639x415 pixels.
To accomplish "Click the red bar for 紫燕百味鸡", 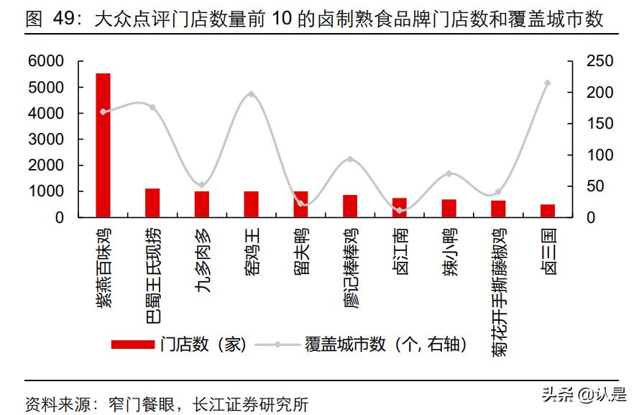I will (x=104, y=145).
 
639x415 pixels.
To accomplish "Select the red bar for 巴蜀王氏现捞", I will (x=152, y=202).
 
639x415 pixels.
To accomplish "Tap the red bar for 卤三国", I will (x=548, y=210).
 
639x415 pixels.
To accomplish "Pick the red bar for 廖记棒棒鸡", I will (x=350, y=206).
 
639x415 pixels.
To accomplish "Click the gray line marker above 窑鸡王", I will (x=251, y=94).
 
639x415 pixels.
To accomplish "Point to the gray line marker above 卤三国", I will (x=548, y=83).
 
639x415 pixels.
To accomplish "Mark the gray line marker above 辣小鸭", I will (x=449, y=173).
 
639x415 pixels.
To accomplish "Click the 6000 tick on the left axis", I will (x=46, y=62).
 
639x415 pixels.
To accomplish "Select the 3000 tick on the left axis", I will (x=46, y=140).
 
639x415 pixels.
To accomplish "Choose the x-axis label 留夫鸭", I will (x=301, y=248).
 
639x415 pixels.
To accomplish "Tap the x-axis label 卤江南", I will (x=400, y=248).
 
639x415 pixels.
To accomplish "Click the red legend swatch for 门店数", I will (x=133, y=345).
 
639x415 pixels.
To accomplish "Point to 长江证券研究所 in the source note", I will (x=251, y=404).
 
